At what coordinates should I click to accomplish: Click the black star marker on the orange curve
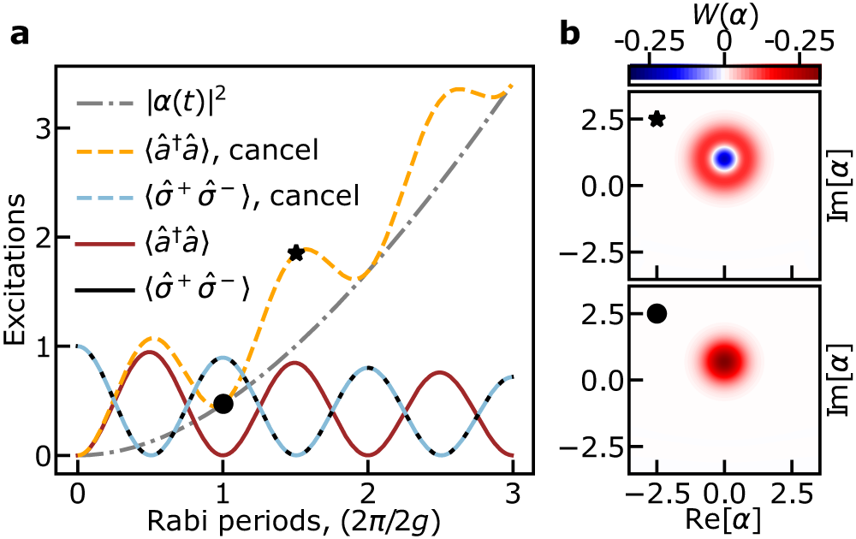[x=296, y=253]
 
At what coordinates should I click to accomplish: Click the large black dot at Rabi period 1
[x=223, y=404]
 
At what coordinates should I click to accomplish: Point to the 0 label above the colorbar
[x=725, y=41]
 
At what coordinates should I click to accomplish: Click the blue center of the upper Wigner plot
[x=725, y=159]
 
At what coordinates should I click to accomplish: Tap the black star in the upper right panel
[x=657, y=120]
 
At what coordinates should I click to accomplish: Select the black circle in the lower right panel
[x=657, y=313]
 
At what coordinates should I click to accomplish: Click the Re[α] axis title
[x=725, y=521]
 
